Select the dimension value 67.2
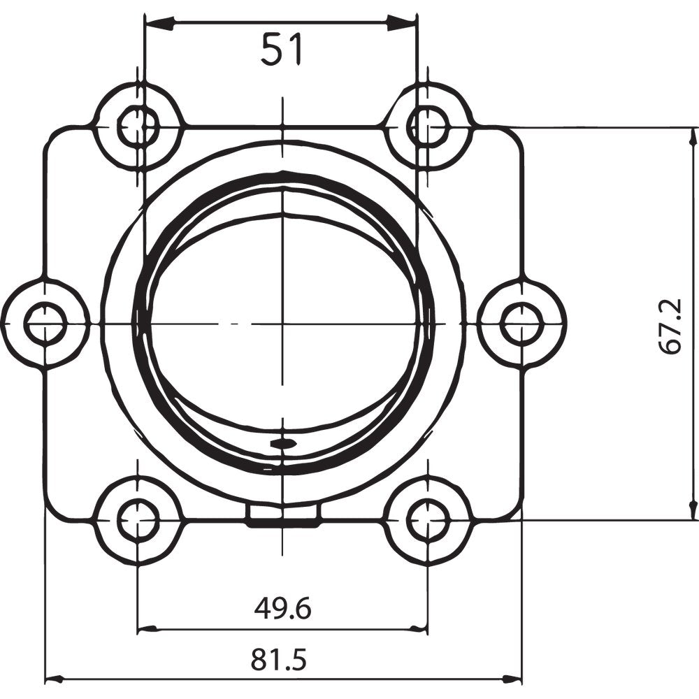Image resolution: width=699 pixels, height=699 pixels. [x=672, y=325]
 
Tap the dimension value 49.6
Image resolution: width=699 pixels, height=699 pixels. [x=282, y=609]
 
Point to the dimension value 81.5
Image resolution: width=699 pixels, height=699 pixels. [x=280, y=659]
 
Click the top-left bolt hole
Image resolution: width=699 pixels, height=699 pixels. [x=138, y=127]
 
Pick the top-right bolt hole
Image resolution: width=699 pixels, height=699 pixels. [x=428, y=127]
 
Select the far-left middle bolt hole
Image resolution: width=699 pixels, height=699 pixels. [x=45, y=324]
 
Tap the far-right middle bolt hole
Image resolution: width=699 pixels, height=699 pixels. [x=521, y=324]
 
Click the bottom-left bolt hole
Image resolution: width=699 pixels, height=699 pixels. [x=138, y=521]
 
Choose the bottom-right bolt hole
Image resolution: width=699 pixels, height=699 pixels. [x=428, y=521]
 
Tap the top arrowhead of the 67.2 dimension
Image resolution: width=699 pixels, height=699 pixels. [x=693, y=140]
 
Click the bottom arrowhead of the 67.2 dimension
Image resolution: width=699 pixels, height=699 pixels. [x=693, y=507]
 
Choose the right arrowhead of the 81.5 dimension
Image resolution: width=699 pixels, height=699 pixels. [x=511, y=679]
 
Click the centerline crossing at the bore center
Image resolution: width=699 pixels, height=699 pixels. [x=282, y=324]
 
